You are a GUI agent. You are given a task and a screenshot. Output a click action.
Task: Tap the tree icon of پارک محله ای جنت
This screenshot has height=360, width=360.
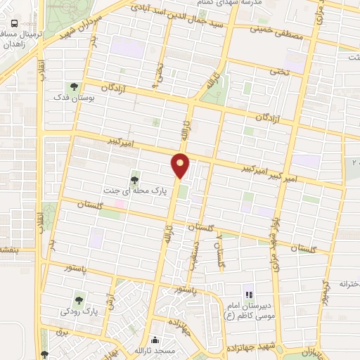134,181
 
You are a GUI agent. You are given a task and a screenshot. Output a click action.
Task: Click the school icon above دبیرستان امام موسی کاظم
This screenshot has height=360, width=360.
248,294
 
